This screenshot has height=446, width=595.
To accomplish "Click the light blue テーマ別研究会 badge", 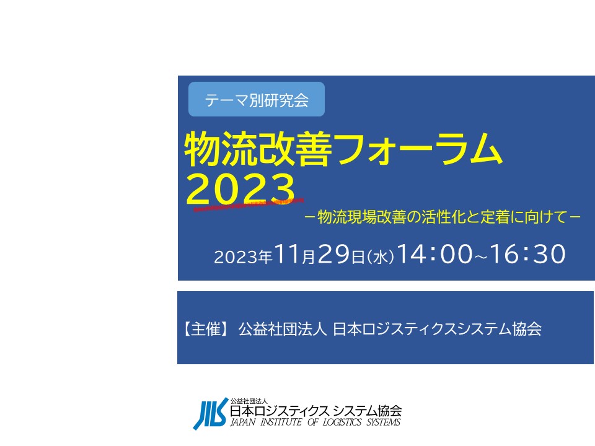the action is (x=257, y=99).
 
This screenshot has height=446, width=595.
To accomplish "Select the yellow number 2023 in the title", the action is (x=240, y=188).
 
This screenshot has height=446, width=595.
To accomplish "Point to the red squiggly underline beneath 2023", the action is (x=249, y=204).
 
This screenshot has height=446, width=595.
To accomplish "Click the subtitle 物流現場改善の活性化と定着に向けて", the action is (x=443, y=217).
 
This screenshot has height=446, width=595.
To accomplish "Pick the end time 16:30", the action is (x=527, y=254).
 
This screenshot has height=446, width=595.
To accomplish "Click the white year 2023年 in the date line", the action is (x=243, y=257).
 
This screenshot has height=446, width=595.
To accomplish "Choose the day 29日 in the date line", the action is (x=341, y=254).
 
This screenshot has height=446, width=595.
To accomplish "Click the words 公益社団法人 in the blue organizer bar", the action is (x=283, y=329).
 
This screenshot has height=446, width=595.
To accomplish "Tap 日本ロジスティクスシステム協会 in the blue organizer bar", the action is (x=437, y=329).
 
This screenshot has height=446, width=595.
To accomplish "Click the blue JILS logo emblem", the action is (x=211, y=414).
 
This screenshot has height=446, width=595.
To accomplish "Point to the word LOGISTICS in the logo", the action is (x=342, y=422).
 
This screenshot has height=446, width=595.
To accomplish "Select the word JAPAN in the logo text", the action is (x=243, y=422).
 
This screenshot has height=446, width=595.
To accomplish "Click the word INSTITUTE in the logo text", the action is (x=281, y=422).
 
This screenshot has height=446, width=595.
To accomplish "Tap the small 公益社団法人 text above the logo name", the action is (x=249, y=401).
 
